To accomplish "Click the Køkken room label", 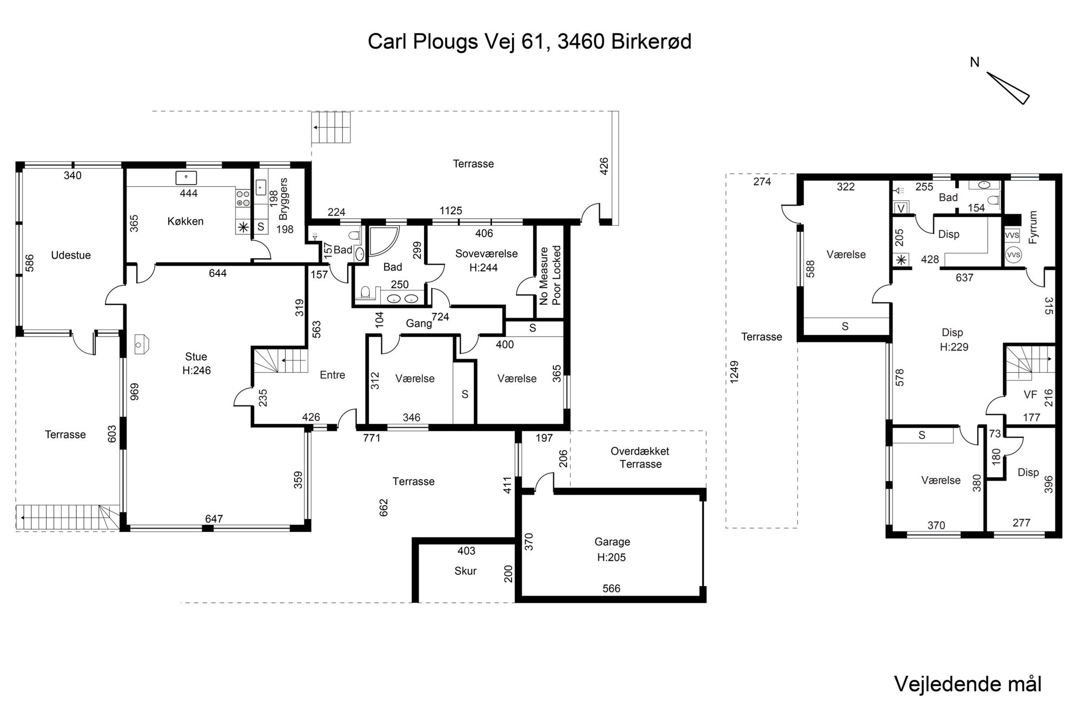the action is click(x=186, y=221).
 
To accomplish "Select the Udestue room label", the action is click(x=71, y=255).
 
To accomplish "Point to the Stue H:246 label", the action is click(x=196, y=364).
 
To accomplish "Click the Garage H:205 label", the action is click(x=612, y=549).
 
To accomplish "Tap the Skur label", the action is click(x=466, y=571).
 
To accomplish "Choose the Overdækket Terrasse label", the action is click(x=640, y=458).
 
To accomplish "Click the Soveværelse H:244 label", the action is click(x=486, y=260).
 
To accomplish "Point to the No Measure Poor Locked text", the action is click(x=551, y=275).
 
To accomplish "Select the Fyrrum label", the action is click(x=1033, y=227).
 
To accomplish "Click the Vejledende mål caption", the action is click(x=968, y=684).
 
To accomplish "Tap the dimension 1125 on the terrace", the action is click(x=451, y=211).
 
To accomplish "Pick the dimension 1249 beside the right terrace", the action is click(x=734, y=372).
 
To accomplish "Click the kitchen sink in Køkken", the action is click(x=186, y=178).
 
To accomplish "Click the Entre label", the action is click(x=332, y=375).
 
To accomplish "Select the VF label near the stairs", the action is click(x=1030, y=395).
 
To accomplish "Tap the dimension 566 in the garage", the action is click(x=612, y=588).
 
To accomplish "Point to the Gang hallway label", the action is click(x=419, y=324).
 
